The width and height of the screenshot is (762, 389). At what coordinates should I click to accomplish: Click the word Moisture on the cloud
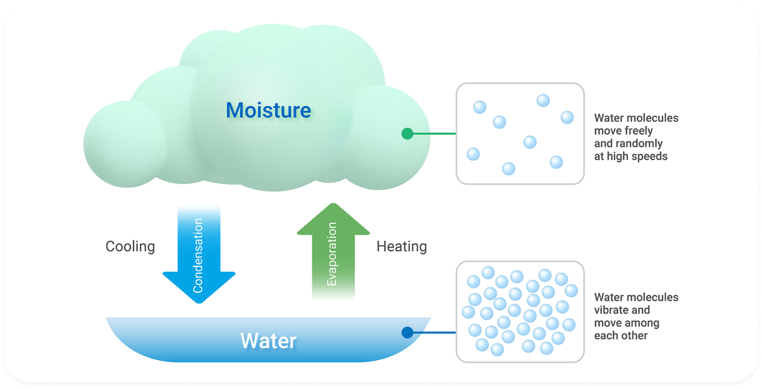tap(268, 110)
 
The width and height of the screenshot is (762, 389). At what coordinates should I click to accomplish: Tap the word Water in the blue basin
tap(268, 340)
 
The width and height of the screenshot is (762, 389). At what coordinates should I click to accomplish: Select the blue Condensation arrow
tap(198, 248)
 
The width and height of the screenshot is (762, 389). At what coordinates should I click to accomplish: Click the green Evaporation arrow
tap(332, 253)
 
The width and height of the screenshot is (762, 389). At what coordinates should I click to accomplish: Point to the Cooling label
tap(130, 246)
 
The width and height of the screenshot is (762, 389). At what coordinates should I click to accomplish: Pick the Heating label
tap(402, 246)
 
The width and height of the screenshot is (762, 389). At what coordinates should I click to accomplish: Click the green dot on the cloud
tap(407, 134)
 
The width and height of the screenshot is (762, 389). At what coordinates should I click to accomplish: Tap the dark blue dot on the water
tap(407, 333)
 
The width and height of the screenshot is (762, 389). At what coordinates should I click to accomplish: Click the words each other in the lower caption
tap(621, 336)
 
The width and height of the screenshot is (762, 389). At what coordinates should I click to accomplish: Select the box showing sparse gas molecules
tap(520, 134)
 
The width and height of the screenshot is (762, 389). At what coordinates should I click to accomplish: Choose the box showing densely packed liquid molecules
tap(520, 311)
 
